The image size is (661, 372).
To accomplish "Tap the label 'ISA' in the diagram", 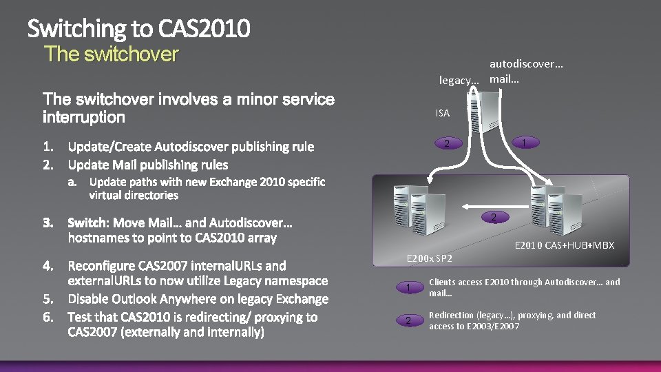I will [x=443, y=113].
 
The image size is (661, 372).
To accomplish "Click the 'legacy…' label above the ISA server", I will [x=459, y=81].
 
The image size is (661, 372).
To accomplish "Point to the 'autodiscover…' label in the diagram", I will [x=526, y=64].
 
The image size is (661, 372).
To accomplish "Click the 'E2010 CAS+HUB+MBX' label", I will [x=565, y=245].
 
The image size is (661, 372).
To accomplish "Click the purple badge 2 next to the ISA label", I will [x=448, y=143].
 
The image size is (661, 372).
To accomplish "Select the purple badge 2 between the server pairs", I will [x=493, y=218].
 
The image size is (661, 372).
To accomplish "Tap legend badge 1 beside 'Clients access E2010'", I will [x=408, y=287].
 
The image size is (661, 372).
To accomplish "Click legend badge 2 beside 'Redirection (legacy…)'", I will [x=408, y=321].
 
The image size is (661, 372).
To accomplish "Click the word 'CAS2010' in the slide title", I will [x=204, y=29].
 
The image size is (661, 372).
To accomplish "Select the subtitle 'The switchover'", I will [x=111, y=54].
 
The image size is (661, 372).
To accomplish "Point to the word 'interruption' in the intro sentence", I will [x=84, y=117].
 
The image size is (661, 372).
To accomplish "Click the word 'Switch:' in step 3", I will [x=89, y=223].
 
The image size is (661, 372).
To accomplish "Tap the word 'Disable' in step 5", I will [x=91, y=299].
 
